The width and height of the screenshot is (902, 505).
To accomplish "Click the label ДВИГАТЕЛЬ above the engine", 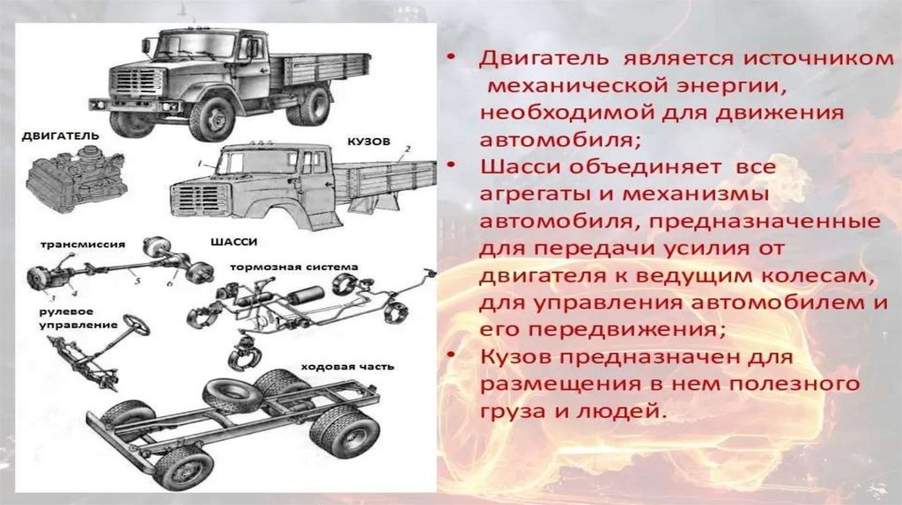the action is tap(61, 136).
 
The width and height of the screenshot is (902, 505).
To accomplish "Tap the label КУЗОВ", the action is tap(369, 142).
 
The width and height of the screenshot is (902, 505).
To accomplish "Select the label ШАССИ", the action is tap(234, 242).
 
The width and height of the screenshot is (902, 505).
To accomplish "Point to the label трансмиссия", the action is tap(83, 245).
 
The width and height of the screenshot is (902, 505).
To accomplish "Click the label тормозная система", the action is tap(294, 267).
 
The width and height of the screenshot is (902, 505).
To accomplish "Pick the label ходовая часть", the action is tap(347, 367).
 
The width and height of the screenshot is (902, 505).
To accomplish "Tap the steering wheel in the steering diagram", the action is tap(137, 326).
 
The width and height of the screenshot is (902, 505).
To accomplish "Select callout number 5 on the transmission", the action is tap(137, 281).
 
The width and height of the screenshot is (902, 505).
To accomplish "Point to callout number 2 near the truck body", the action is tap(407, 149).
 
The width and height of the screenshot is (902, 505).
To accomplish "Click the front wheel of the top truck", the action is tap(212, 120).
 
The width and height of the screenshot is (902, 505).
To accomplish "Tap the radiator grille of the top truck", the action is tap(135, 86).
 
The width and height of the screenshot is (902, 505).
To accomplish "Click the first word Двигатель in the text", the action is tap(543, 59).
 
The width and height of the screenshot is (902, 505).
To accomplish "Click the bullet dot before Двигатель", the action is tap(452, 57).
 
